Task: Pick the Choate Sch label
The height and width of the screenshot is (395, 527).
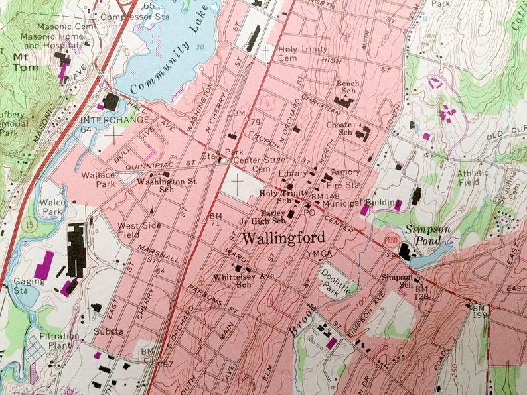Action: [x=339, y=129]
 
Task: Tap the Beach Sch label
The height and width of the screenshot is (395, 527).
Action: [x=348, y=88]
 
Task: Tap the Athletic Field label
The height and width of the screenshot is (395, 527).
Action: [x=473, y=178]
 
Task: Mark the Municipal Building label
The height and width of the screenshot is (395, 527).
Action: [x=361, y=203]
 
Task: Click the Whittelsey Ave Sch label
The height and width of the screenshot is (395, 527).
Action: [x=244, y=280]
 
